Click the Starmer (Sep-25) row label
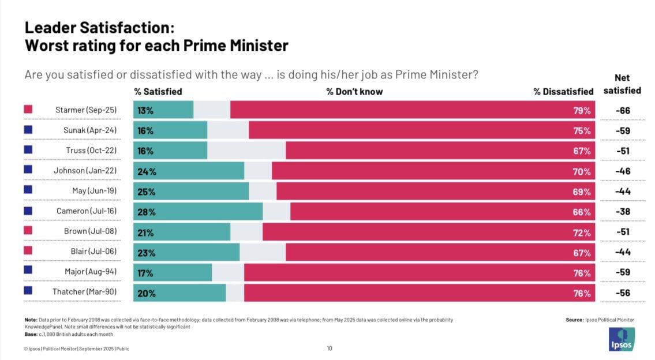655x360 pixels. (x=86, y=110)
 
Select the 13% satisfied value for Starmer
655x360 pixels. (x=145, y=110)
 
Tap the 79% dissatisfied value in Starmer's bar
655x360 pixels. (x=582, y=110)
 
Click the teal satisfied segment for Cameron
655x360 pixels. (x=198, y=212)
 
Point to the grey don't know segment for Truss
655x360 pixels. (x=246, y=151)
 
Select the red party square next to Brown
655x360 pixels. (x=28, y=231)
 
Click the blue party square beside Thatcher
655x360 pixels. (x=28, y=291)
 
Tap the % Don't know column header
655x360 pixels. (x=354, y=91)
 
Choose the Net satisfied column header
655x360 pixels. (x=622, y=84)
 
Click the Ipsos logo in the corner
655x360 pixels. (x=622, y=339)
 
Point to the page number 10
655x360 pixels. (x=330, y=348)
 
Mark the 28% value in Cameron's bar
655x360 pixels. (x=145, y=212)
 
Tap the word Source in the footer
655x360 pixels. (x=575, y=320)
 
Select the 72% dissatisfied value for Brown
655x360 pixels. (x=582, y=232)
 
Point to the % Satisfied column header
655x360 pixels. (x=158, y=91)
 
